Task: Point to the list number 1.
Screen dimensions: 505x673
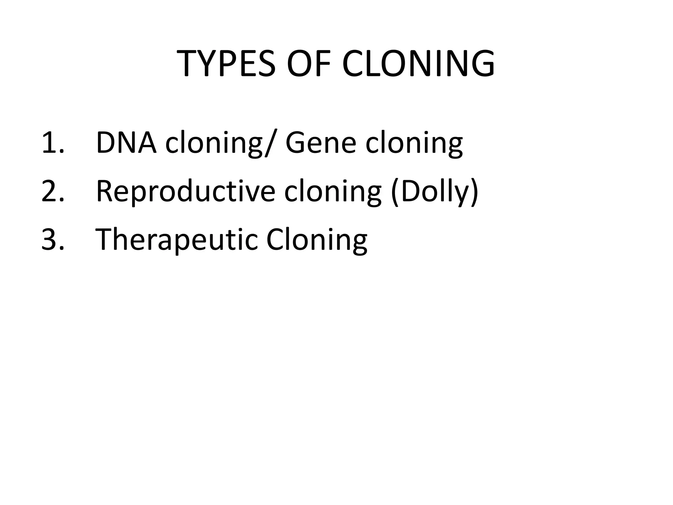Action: coord(53,143)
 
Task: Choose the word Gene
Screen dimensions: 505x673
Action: coord(321,143)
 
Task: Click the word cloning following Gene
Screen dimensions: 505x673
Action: coord(414,145)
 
